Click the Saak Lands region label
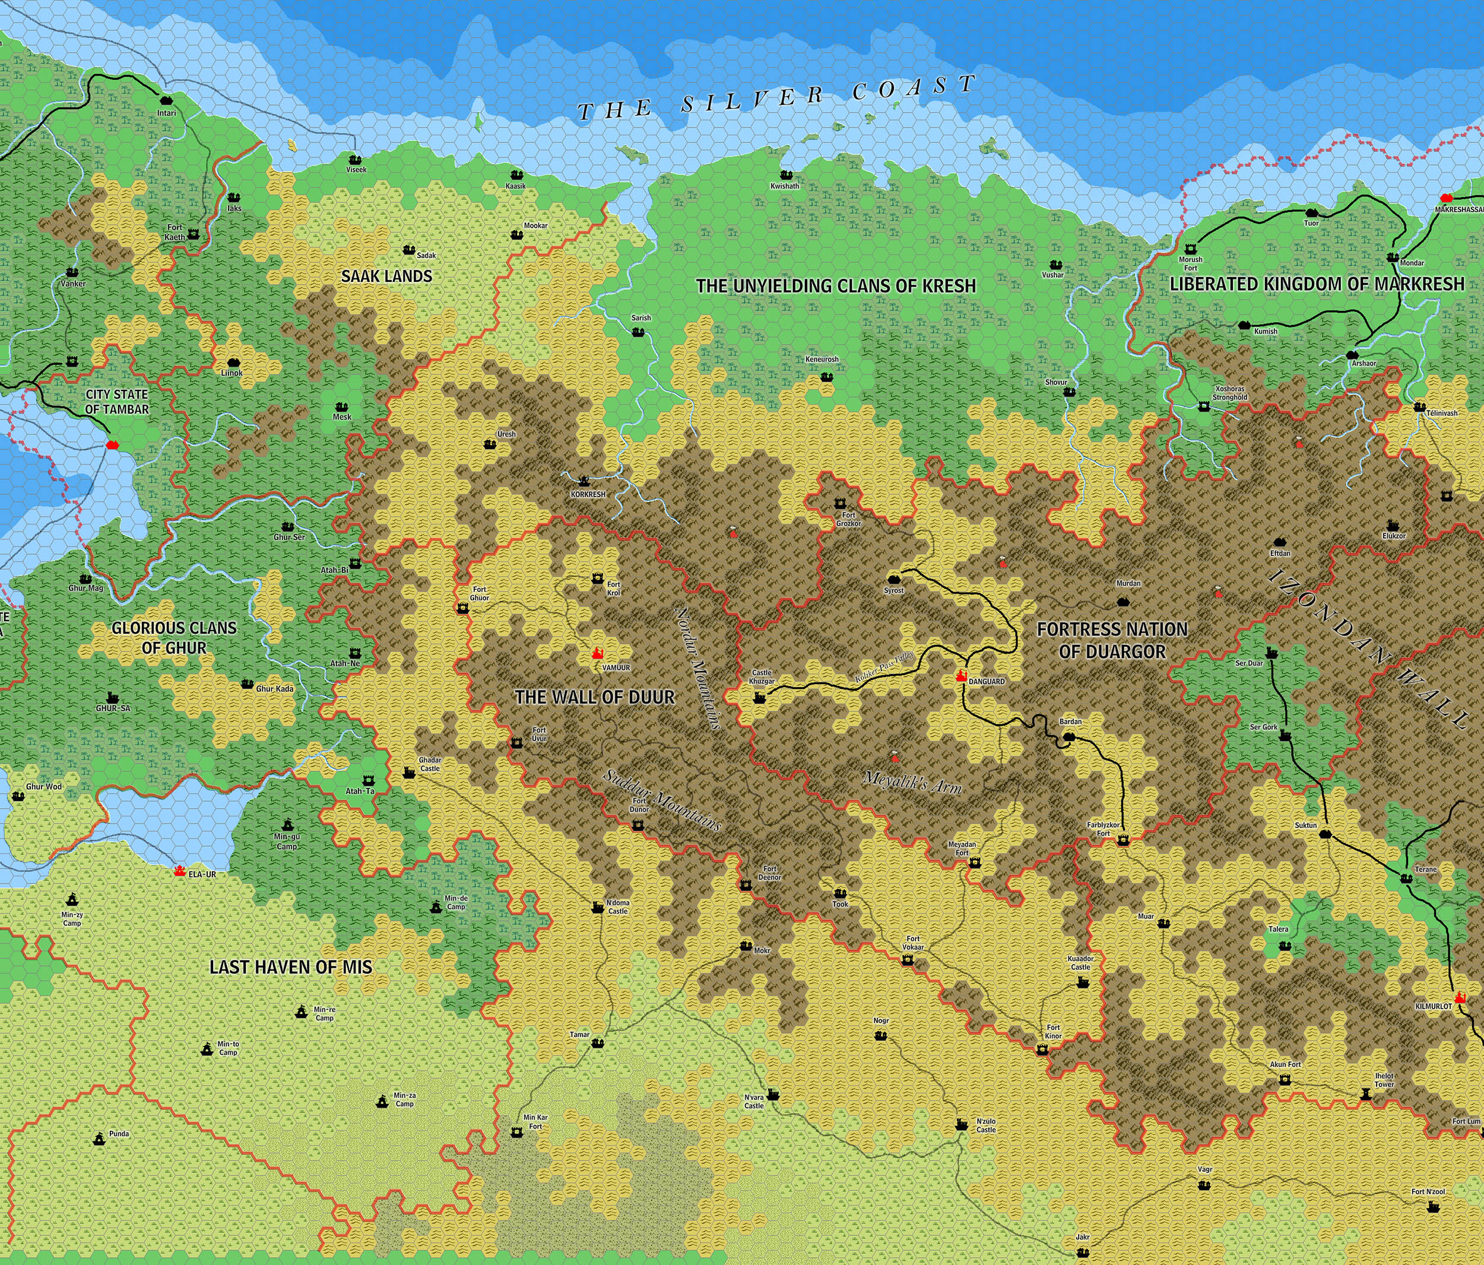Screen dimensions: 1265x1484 point(387,276)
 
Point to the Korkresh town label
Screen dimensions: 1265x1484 point(588,495)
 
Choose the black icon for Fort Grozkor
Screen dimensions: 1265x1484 point(840,504)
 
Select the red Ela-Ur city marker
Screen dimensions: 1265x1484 point(180,870)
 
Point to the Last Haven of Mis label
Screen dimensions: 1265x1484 point(291,967)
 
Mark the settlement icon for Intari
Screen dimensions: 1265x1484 point(166,101)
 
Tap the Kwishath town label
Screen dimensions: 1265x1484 point(785,186)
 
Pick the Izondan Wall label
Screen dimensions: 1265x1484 point(1365,648)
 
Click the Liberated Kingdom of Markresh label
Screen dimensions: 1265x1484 point(1317,284)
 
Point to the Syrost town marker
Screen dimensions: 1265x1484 point(893,579)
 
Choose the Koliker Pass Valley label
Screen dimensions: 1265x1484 point(886,668)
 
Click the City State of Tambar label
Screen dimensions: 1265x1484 point(117,402)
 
